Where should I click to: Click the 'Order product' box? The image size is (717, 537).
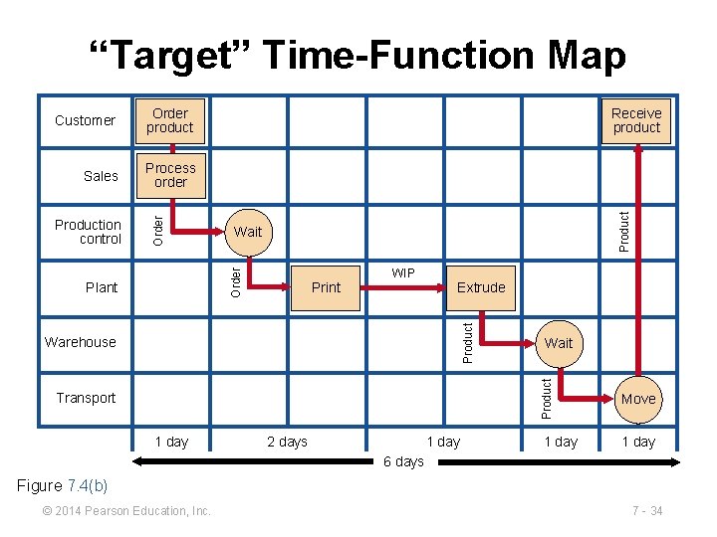tap(170, 121)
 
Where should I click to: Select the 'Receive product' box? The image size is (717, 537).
tap(636, 121)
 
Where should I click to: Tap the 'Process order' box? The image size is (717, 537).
tap(170, 176)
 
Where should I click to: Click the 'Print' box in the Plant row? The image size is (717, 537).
tap(326, 287)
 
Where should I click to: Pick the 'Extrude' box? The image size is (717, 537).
tap(481, 287)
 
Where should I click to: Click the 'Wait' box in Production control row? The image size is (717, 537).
tap(248, 232)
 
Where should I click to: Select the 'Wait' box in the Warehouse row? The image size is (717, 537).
tap(559, 343)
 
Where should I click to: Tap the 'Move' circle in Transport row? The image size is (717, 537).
tap(638, 399)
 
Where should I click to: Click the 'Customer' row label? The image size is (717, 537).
tap(85, 121)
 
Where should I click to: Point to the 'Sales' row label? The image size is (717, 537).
tap(101, 176)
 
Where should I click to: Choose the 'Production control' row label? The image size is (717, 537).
tap(88, 232)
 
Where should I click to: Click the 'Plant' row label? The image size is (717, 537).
tap(102, 287)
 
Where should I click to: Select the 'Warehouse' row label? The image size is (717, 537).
tap(81, 343)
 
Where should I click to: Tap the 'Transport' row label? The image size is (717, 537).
tap(86, 399)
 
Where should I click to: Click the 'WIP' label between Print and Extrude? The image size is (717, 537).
tap(403, 272)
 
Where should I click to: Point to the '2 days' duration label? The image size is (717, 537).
tap(287, 442)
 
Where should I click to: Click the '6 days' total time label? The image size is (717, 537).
tap(403, 461)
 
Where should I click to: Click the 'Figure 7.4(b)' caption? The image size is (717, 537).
tap(63, 485)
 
